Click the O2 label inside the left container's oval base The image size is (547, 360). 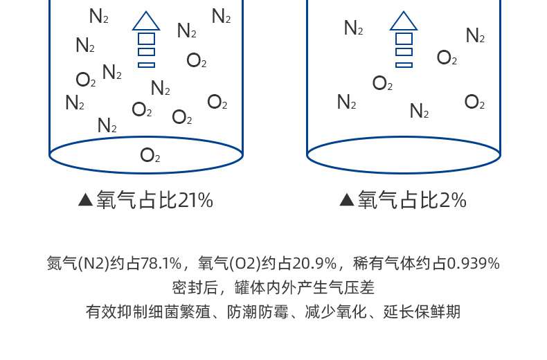(150, 155)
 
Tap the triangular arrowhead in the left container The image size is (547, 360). (146, 21)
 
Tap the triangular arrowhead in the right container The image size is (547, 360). (404, 21)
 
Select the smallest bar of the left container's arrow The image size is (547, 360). (146, 65)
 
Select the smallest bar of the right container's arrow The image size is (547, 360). (404, 65)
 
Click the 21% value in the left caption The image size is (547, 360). (195, 201)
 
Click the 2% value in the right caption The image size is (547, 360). (453, 201)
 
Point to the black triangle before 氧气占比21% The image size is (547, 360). (86, 200)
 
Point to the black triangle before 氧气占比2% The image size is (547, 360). (347, 200)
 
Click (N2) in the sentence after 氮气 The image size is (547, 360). (91, 264)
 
